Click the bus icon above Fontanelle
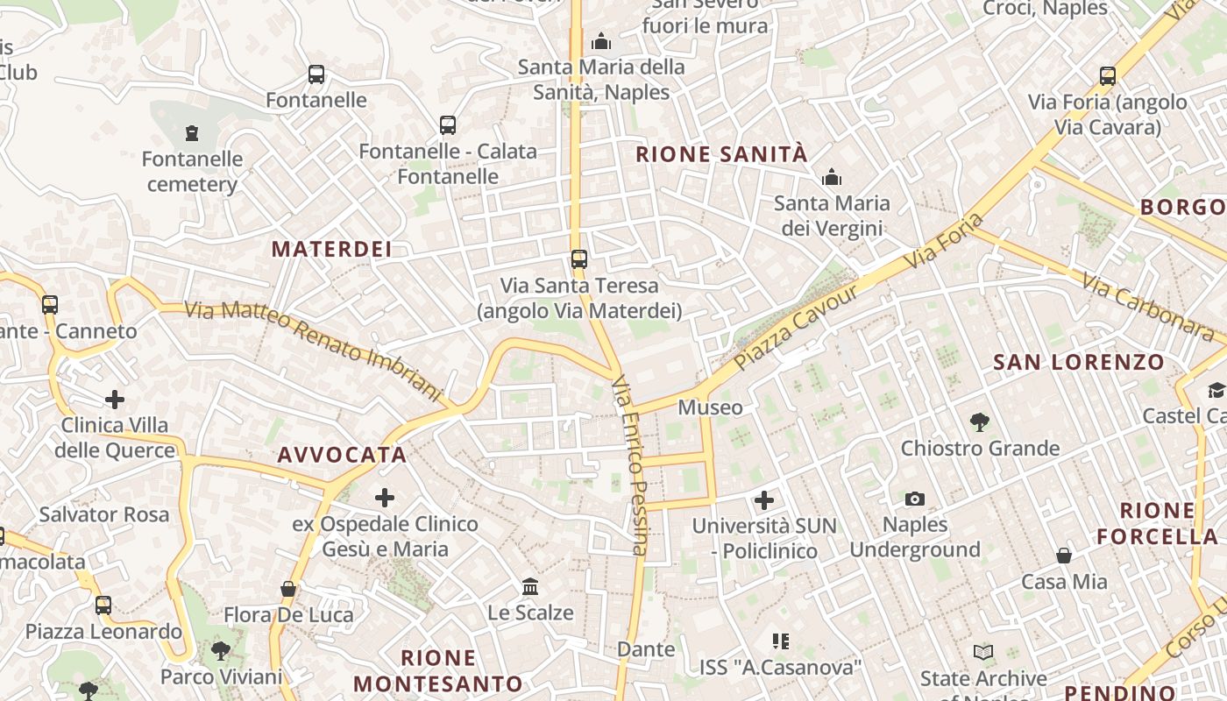click(316, 74)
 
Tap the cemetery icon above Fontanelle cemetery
click(192, 133)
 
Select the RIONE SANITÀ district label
click(720, 154)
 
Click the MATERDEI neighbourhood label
click(331, 249)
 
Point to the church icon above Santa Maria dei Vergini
click(832, 178)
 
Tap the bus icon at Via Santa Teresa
click(578, 258)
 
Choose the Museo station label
click(710, 407)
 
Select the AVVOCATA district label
click(342, 455)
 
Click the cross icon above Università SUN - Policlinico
click(764, 500)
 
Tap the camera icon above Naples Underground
click(914, 499)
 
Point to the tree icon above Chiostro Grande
click(980, 422)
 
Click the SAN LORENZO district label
click(1078, 362)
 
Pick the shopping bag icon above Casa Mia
click(1063, 556)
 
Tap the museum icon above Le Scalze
click(530, 586)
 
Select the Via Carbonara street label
click(1147, 307)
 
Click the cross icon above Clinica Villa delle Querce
click(115, 400)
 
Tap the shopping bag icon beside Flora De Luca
click(287, 589)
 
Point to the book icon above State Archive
click(983, 653)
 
